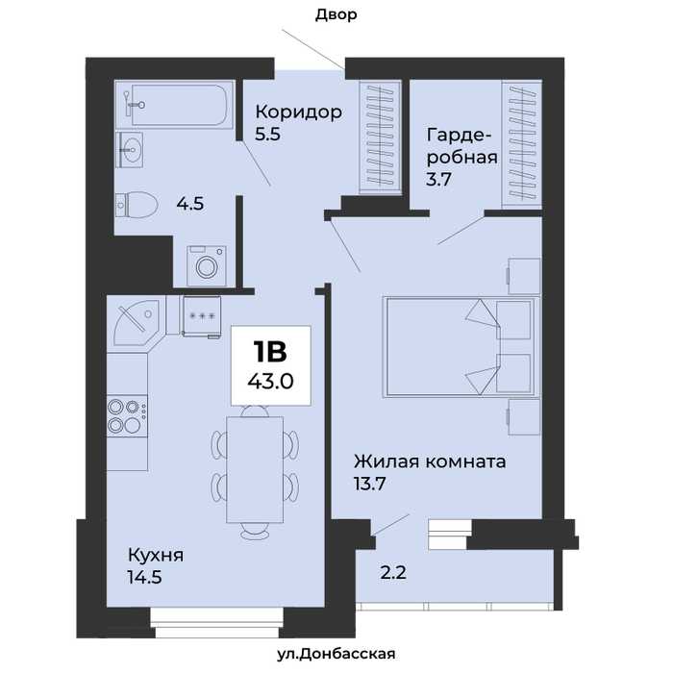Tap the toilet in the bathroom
coord(137,205)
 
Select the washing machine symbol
coord(207,265)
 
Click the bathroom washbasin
coord(129,150)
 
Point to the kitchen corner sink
coord(137,322)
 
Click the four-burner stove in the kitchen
coord(127,416)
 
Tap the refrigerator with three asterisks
coord(201,316)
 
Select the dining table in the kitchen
coord(255,469)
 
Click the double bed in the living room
coord(461,346)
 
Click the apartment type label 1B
coord(270,352)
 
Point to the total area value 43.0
coord(270,381)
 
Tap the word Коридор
coord(299,112)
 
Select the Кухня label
coord(156,556)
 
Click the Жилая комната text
coord(430,461)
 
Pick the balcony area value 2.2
coord(393,573)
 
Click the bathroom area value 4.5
coord(190,204)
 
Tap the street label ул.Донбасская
coord(336,654)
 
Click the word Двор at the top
coord(336,15)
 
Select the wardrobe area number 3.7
coord(438,179)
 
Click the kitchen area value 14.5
coord(144,577)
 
